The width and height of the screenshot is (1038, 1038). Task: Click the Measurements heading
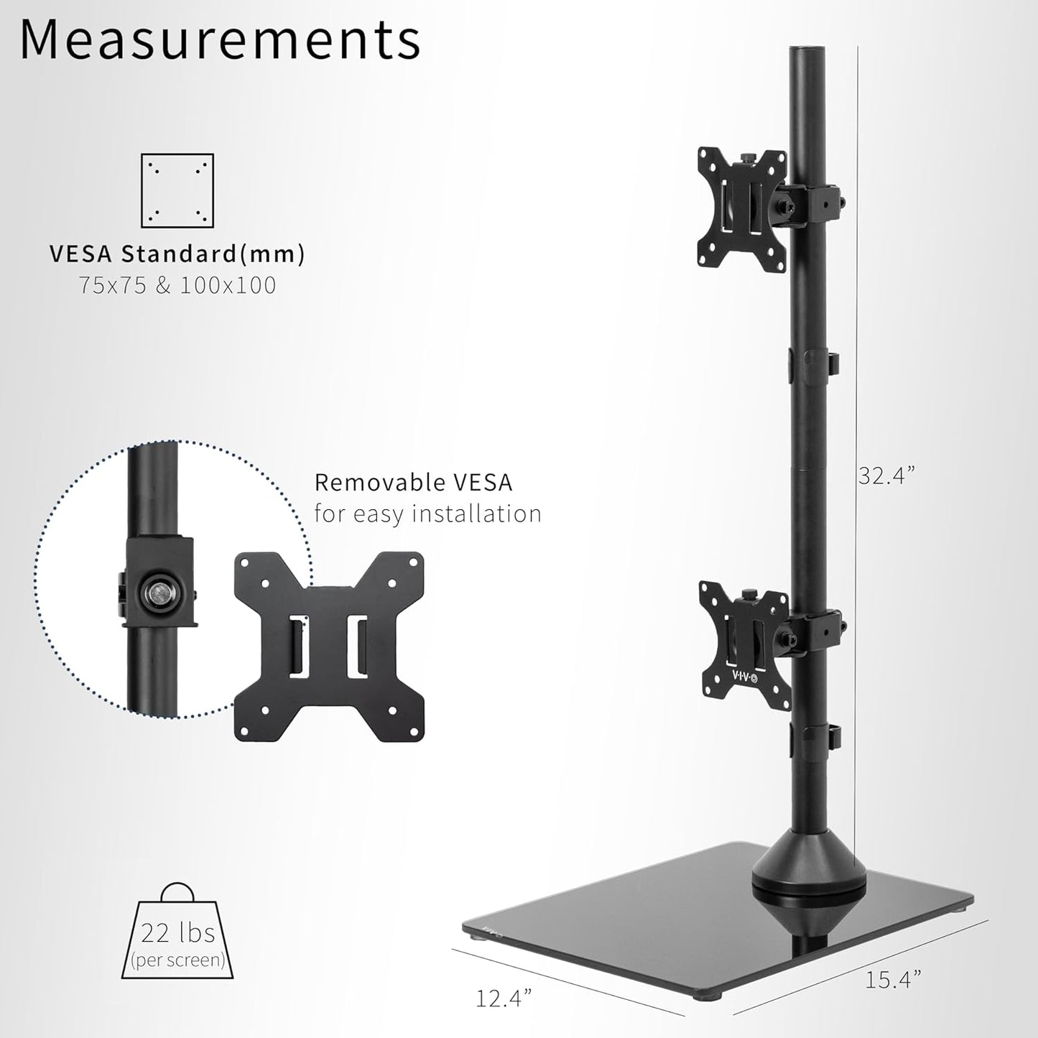pos(220,40)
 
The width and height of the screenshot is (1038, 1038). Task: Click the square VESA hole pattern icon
pos(177,190)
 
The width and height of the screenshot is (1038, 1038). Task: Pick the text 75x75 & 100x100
pos(177,285)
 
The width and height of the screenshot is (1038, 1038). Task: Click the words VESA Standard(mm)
pos(177,254)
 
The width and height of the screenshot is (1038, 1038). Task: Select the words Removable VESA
pos(413,482)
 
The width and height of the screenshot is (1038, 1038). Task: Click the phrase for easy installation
pos(427,514)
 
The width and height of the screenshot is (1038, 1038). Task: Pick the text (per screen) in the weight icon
pos(177,960)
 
